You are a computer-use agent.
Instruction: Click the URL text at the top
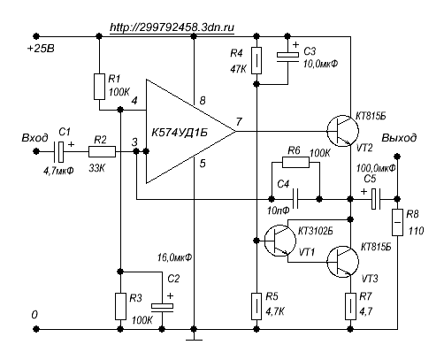click(172, 27)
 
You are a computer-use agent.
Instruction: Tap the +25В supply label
click(41, 49)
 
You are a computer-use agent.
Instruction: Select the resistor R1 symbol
click(99, 87)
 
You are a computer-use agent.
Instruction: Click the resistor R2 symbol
click(102, 151)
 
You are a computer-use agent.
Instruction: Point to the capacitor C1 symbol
click(59, 151)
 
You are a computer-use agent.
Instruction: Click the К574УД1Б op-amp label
click(180, 133)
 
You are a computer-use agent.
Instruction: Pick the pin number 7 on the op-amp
click(239, 121)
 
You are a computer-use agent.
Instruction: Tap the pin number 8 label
click(203, 101)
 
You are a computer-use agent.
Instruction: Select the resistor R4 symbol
click(256, 60)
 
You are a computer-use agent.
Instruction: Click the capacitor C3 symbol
click(287, 57)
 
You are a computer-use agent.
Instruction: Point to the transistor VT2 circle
click(342, 131)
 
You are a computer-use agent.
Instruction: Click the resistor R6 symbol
click(295, 162)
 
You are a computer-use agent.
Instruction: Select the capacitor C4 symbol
click(295, 199)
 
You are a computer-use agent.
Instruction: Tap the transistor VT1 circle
click(279, 241)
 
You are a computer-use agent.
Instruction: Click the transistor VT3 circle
click(342, 262)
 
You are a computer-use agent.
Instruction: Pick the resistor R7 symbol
click(350, 306)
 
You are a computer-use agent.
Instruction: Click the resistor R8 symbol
click(397, 222)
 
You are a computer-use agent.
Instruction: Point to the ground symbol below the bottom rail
click(194, 340)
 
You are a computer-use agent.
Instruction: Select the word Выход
click(399, 138)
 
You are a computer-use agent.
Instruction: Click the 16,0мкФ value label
click(174, 257)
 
